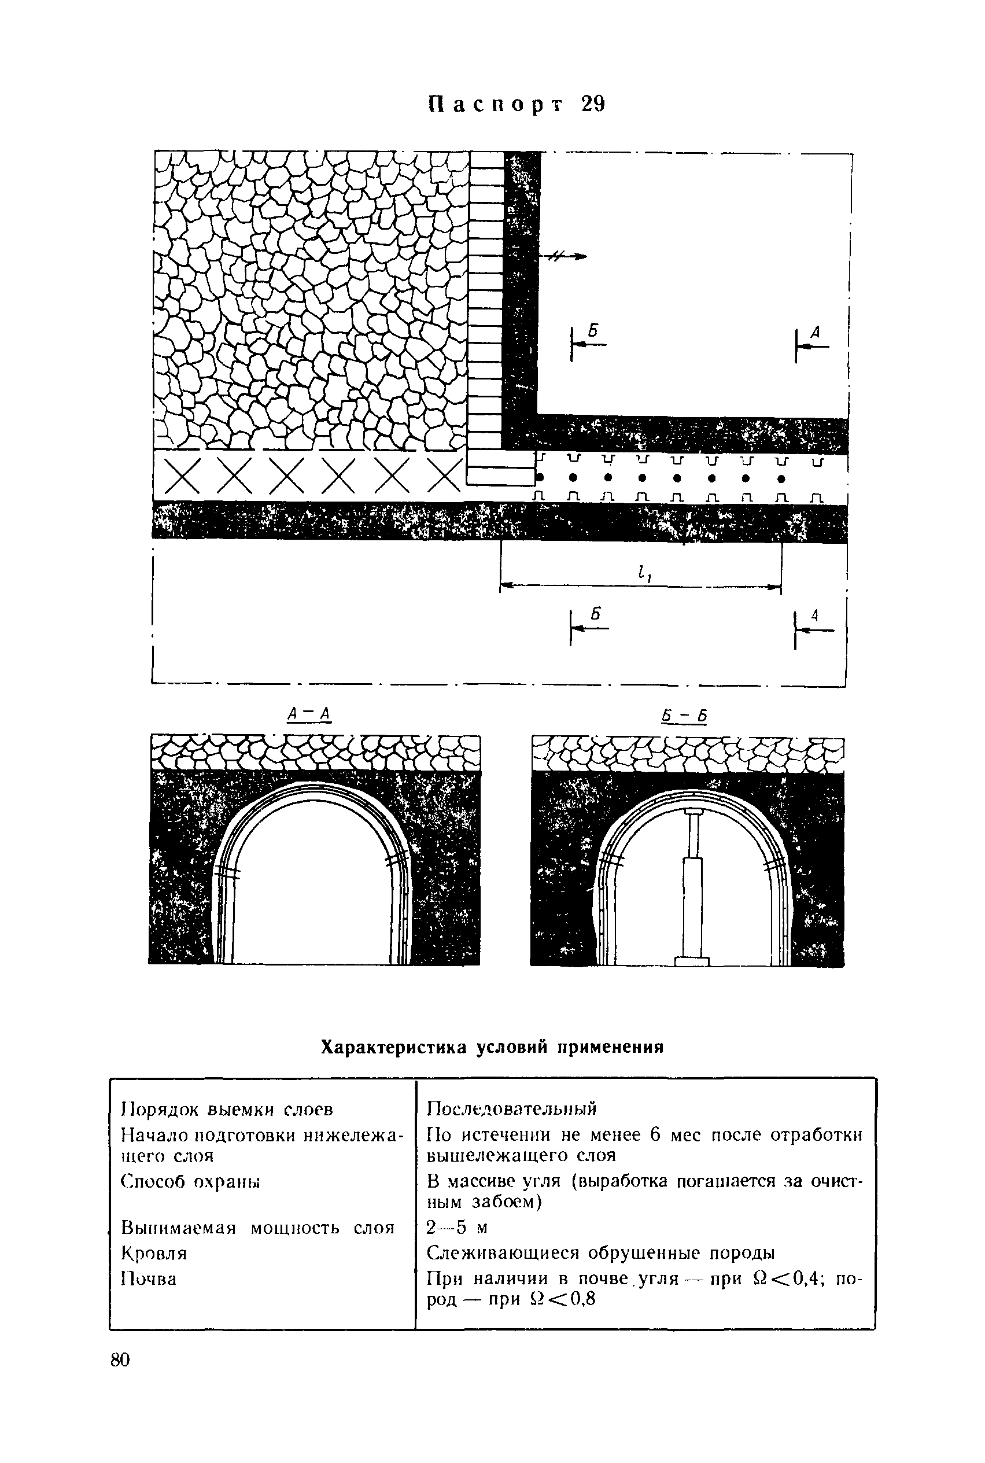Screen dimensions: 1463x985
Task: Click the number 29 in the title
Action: tap(592, 104)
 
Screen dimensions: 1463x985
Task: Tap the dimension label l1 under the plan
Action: tap(641, 572)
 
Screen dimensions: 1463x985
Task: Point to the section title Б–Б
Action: tap(684, 716)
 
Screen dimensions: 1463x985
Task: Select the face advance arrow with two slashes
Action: tap(565, 256)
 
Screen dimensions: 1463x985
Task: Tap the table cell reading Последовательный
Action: tap(511, 1108)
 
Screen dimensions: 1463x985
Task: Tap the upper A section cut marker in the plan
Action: tap(811, 343)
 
